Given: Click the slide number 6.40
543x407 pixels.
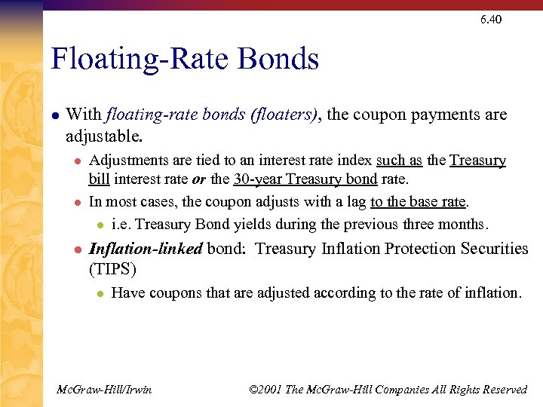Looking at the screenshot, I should [490, 20].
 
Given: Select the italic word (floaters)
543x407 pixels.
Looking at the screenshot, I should [281, 115].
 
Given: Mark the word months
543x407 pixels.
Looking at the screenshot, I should [464, 225].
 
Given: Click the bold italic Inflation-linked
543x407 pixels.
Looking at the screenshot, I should [146, 249].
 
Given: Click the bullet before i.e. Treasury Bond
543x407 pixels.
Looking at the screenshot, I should [99, 225].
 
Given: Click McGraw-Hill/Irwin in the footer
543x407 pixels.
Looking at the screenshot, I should [104, 390].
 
